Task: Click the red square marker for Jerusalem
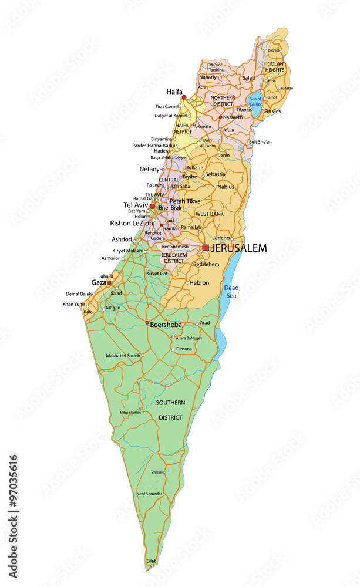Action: (206, 248)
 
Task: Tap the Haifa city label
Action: (174, 92)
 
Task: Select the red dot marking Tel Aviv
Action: (153, 207)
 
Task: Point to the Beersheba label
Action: (166, 324)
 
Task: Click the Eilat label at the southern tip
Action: (151, 561)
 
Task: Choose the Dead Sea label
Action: (231, 292)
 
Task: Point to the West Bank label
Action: (209, 214)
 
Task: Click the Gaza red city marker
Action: (109, 283)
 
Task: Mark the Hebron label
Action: (199, 282)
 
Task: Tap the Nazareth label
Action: (232, 117)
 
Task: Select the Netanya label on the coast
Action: (151, 169)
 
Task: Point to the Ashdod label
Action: (122, 239)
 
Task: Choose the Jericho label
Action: (221, 238)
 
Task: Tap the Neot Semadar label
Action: (149, 494)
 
